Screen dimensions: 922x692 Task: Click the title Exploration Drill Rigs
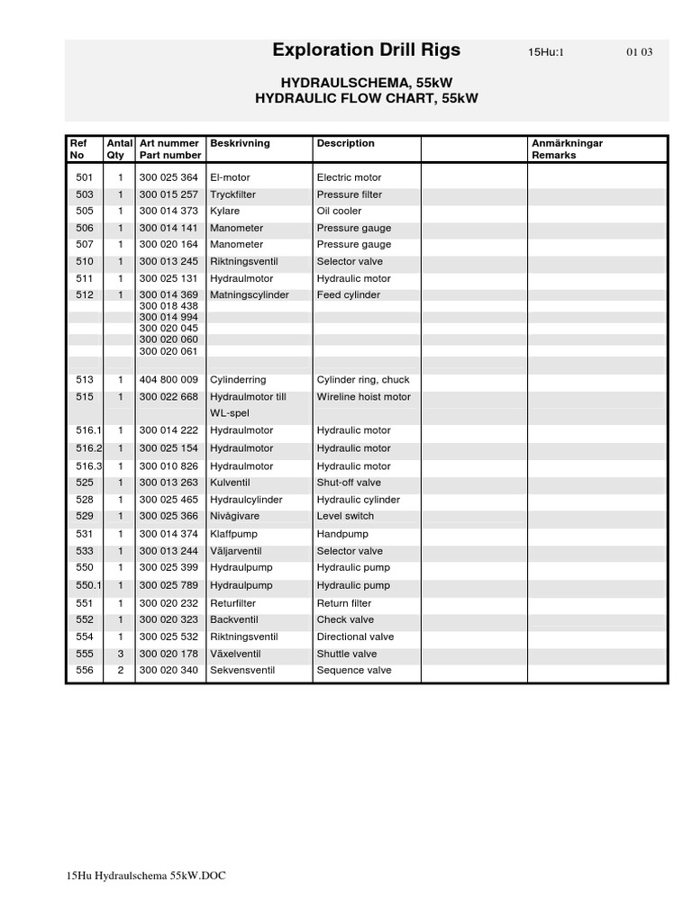coord(366,50)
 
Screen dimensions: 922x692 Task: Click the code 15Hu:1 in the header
coord(546,52)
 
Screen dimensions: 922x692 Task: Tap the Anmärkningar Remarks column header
coord(568,149)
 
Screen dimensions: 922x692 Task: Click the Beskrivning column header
coord(240,143)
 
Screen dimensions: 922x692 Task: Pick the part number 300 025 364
coord(168,178)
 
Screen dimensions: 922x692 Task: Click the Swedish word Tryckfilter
coord(232,194)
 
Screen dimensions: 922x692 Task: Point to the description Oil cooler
coord(340,212)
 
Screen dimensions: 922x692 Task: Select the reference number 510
coord(85,262)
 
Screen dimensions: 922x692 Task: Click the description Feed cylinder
coord(349,295)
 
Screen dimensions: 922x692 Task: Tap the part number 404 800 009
coord(168,380)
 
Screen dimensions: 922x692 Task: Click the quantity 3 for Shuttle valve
coord(120,654)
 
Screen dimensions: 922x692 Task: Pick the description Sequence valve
coord(354,671)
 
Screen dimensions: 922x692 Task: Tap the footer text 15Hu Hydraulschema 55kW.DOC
coord(146,876)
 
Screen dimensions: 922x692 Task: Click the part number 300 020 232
coord(168,603)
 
